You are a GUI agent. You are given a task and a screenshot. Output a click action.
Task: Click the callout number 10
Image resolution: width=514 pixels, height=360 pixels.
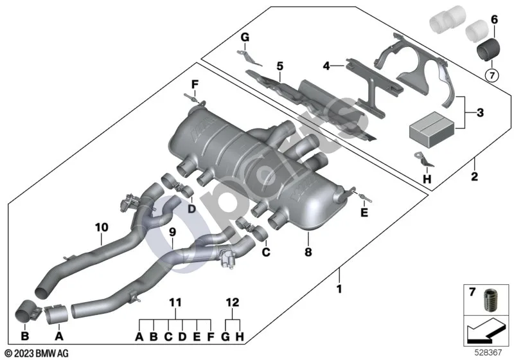[102, 227]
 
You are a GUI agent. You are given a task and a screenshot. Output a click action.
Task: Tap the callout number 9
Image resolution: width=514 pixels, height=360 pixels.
[172, 232]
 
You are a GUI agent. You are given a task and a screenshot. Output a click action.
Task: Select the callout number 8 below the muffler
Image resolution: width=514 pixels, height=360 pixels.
[308, 252]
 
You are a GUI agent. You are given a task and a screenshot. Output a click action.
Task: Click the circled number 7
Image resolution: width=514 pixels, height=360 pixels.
[492, 76]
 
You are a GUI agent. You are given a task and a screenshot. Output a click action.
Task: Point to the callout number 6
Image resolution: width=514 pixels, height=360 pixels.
[494, 20]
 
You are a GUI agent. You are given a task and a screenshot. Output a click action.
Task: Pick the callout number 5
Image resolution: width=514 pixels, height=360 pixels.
[279, 66]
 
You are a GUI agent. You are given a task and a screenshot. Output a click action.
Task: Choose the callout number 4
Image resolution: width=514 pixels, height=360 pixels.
[326, 66]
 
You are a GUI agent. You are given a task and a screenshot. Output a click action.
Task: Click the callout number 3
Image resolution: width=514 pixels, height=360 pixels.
[480, 113]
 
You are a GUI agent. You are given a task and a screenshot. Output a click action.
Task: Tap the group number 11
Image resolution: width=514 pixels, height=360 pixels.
[175, 302]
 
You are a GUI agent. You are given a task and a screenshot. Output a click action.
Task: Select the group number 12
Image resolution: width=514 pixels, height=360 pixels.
[233, 302]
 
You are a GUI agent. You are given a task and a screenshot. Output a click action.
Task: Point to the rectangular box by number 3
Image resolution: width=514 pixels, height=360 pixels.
[432, 129]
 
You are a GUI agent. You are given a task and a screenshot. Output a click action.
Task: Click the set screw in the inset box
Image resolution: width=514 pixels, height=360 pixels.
[490, 300]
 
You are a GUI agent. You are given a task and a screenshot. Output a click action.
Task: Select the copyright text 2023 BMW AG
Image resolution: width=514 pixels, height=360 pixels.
[37, 354]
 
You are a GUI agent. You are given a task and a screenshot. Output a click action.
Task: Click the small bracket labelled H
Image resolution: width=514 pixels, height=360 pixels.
[423, 159]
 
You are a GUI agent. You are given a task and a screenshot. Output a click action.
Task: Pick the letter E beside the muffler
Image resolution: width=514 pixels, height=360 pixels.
[364, 213]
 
